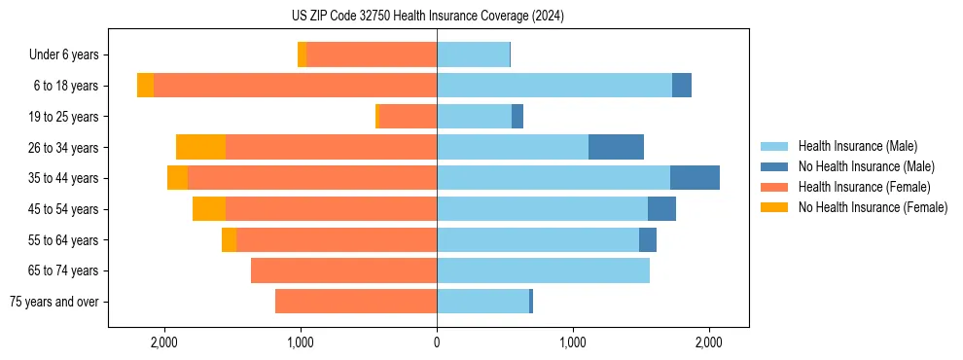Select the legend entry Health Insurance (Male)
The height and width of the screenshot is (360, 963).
pyautogui.click(x=857, y=146)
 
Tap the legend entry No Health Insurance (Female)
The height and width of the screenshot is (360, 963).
pyautogui.click(x=873, y=207)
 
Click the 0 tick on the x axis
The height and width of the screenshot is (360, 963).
pyautogui.click(x=437, y=342)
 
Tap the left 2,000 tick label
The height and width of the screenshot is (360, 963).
pyautogui.click(x=164, y=342)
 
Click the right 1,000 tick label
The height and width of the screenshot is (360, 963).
pyautogui.click(x=573, y=342)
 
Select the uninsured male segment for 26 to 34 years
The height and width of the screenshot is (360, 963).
pyautogui.click(x=616, y=147)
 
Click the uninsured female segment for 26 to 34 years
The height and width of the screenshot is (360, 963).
pyautogui.click(x=200, y=147)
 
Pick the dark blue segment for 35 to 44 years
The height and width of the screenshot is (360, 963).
pyautogui.click(x=695, y=178)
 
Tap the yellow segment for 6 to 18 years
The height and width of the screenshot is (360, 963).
pyautogui.click(x=145, y=86)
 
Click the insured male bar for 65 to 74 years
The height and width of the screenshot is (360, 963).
pyautogui.click(x=543, y=270)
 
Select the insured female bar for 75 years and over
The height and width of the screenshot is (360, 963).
pyautogui.click(x=356, y=302)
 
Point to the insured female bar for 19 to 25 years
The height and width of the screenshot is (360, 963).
pyautogui.click(x=407, y=117)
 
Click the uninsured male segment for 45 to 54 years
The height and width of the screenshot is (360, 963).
pyautogui.click(x=661, y=209)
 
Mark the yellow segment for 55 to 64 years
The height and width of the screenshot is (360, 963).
pyautogui.click(x=229, y=239)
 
